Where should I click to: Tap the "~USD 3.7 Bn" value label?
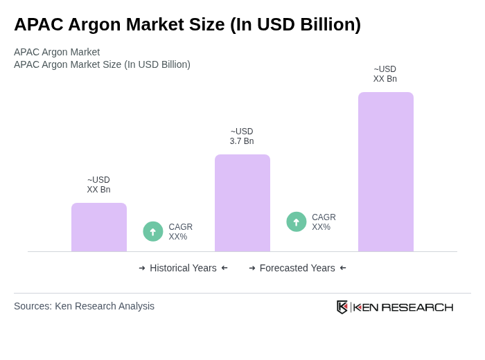(x=242, y=136)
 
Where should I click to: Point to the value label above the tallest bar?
(x=385, y=74)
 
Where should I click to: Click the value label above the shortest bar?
(x=98, y=185)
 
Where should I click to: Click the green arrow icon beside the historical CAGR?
(x=153, y=232)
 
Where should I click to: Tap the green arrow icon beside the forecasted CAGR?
(x=297, y=222)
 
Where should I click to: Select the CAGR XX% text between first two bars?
(x=180, y=232)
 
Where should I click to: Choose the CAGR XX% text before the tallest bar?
(x=324, y=222)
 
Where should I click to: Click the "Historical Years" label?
(x=183, y=268)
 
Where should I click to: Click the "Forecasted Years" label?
(x=297, y=268)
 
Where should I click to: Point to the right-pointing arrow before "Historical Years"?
(x=142, y=268)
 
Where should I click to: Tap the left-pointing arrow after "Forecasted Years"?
(x=343, y=268)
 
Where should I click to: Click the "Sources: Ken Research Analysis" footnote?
(x=84, y=306)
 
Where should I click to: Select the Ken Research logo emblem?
(x=342, y=307)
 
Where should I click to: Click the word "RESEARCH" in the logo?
(x=417, y=307)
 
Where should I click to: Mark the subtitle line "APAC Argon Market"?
(x=57, y=52)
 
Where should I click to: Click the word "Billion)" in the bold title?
(x=328, y=24)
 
